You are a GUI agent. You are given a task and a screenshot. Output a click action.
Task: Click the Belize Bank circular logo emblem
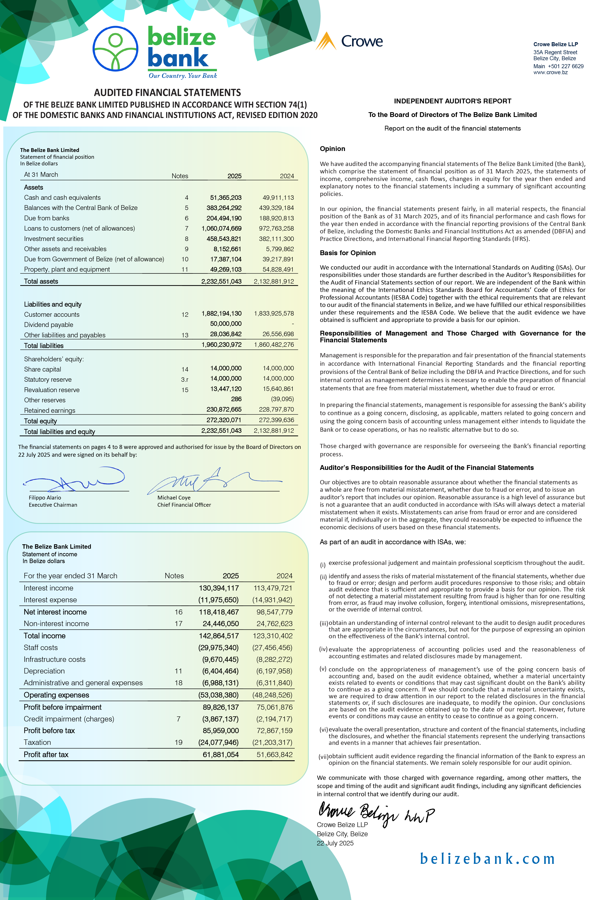116,49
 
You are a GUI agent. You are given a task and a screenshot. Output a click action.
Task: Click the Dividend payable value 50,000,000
226,324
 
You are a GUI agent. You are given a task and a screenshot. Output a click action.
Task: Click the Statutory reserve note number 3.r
185,380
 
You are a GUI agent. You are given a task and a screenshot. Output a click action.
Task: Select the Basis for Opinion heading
347,253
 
